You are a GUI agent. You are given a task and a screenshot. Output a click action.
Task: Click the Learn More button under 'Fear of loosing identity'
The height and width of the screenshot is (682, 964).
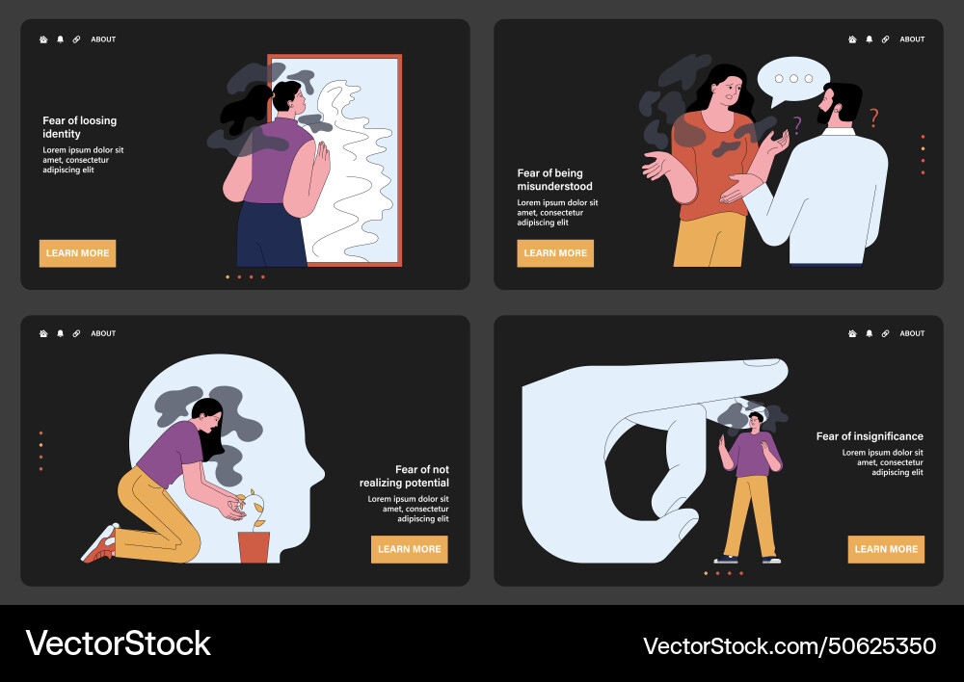(77, 253)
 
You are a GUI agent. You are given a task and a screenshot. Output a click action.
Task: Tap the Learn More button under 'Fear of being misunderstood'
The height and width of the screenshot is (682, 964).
(555, 253)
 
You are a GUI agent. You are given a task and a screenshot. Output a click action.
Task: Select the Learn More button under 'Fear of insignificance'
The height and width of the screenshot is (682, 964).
(886, 549)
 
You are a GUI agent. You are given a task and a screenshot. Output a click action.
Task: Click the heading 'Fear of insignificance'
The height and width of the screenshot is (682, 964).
(870, 436)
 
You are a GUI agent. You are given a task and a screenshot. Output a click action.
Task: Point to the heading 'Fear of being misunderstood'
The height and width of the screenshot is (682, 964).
(555, 179)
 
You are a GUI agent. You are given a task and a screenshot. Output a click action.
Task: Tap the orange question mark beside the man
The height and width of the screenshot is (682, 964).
(873, 118)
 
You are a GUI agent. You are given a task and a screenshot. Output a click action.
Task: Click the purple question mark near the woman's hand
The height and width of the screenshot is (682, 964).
(797, 125)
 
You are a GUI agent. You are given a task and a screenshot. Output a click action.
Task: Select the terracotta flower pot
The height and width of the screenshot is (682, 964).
(254, 546)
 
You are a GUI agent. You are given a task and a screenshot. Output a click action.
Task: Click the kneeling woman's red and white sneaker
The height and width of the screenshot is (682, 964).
(100, 544)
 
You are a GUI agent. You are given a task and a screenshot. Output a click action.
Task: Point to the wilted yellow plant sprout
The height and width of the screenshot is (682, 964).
(256, 507)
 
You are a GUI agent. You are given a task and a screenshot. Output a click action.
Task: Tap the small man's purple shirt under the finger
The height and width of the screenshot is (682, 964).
(749, 455)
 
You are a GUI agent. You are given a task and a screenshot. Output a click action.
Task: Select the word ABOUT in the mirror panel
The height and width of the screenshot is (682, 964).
(103, 39)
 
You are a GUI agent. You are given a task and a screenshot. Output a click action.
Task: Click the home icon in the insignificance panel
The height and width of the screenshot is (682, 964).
(852, 334)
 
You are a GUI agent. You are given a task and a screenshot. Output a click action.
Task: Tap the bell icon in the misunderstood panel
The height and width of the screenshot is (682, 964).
(869, 39)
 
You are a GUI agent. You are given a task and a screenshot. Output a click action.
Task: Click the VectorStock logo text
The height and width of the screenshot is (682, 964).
(118, 643)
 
